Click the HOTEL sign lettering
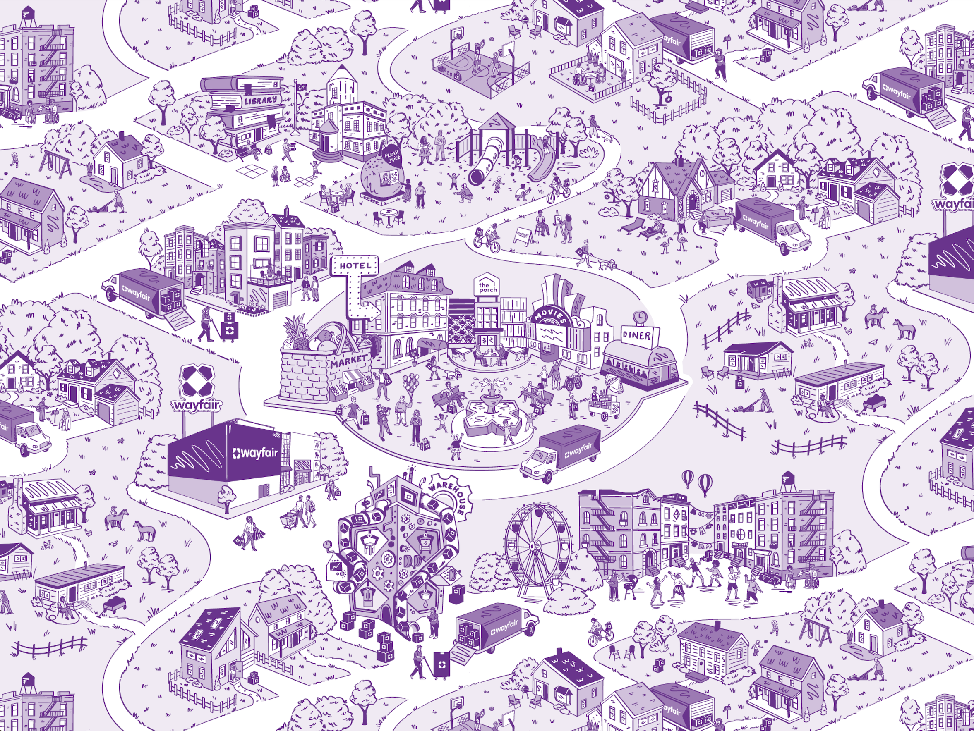point(355,266)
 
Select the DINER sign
point(637,336)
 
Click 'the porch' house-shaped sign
point(488,287)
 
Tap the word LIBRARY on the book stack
point(261,101)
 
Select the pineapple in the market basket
point(294,332)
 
